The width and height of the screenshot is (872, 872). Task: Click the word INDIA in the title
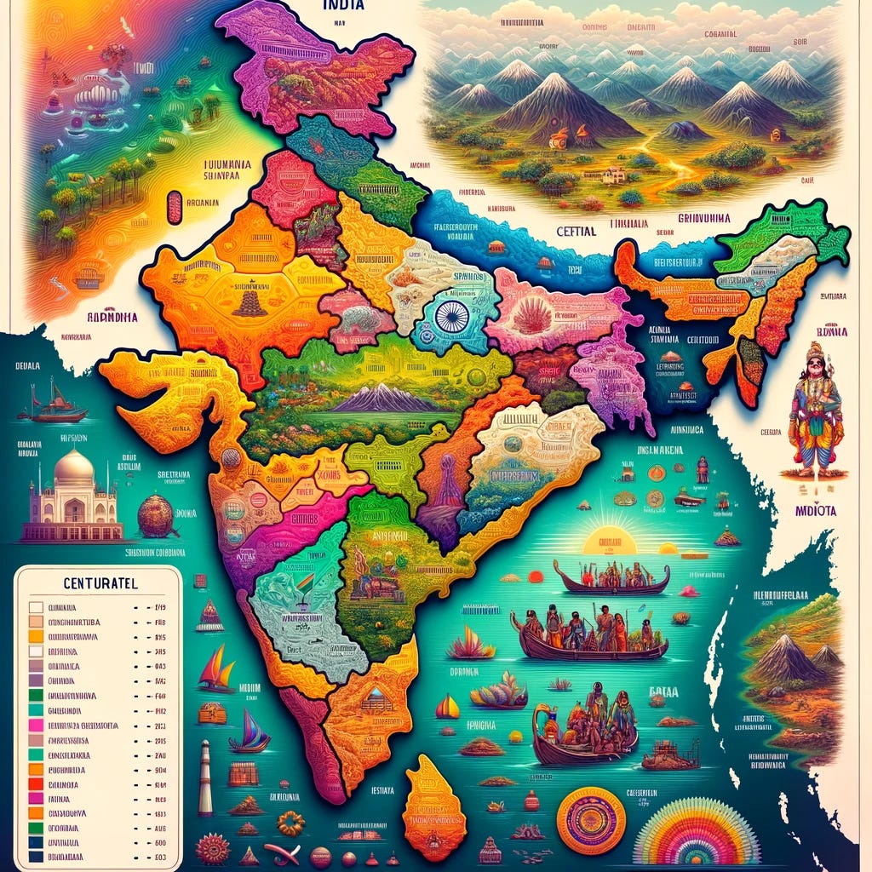pyautogui.click(x=344, y=5)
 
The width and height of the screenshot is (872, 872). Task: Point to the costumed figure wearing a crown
pyautogui.click(x=814, y=408)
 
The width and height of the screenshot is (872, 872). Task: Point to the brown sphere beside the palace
pyautogui.click(x=156, y=515)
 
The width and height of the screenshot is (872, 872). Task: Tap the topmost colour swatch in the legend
pyautogui.click(x=36, y=608)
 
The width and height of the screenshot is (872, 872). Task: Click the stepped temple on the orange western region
pyautogui.click(x=250, y=301)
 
